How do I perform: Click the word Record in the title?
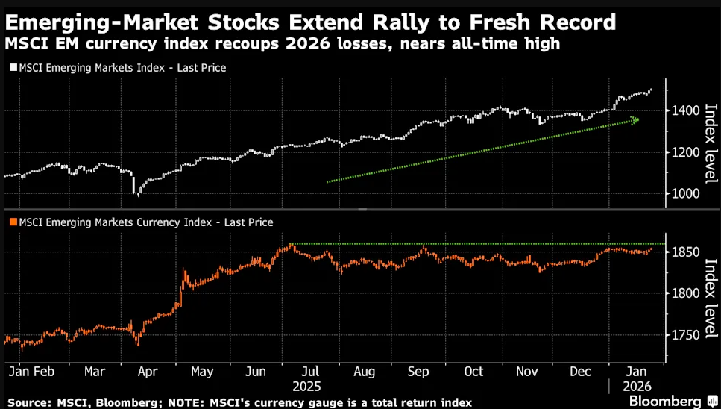click(x=570, y=22)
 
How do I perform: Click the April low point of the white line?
click(x=136, y=194)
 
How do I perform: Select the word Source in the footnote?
click(x=28, y=403)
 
